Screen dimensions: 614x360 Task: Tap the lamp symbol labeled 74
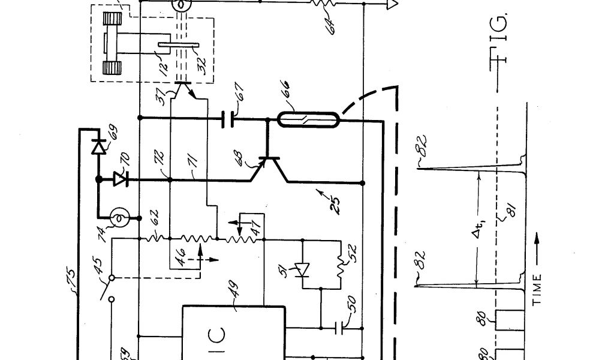[119, 218]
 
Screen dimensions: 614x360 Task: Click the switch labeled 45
[110, 287]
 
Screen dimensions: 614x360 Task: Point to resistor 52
[341, 264]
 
